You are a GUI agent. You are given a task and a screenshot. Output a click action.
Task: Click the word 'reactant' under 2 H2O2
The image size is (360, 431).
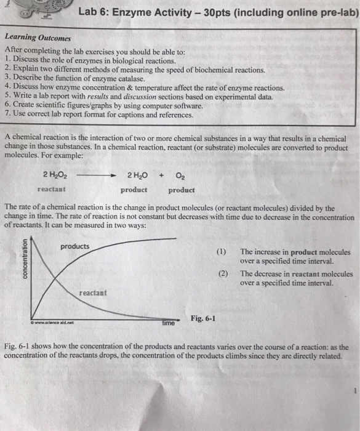pos(52,190)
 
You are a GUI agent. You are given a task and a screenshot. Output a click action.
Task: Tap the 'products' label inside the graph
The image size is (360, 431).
pos(74,247)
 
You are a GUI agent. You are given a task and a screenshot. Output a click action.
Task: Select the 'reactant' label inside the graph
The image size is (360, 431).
pos(92,292)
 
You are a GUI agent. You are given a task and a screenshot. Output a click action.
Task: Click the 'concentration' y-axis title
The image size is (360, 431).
pos(26,260)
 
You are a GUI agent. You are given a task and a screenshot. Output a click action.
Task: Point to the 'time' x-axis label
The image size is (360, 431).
pos(169,323)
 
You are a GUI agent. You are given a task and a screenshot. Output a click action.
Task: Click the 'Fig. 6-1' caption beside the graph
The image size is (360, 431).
pos(203,318)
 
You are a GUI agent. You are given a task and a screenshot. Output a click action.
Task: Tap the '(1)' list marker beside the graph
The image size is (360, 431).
pos(222,252)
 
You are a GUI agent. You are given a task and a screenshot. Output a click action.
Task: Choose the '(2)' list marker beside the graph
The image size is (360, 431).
pos(222,273)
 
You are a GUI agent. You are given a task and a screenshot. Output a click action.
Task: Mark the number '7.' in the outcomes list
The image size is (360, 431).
pos(8,115)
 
